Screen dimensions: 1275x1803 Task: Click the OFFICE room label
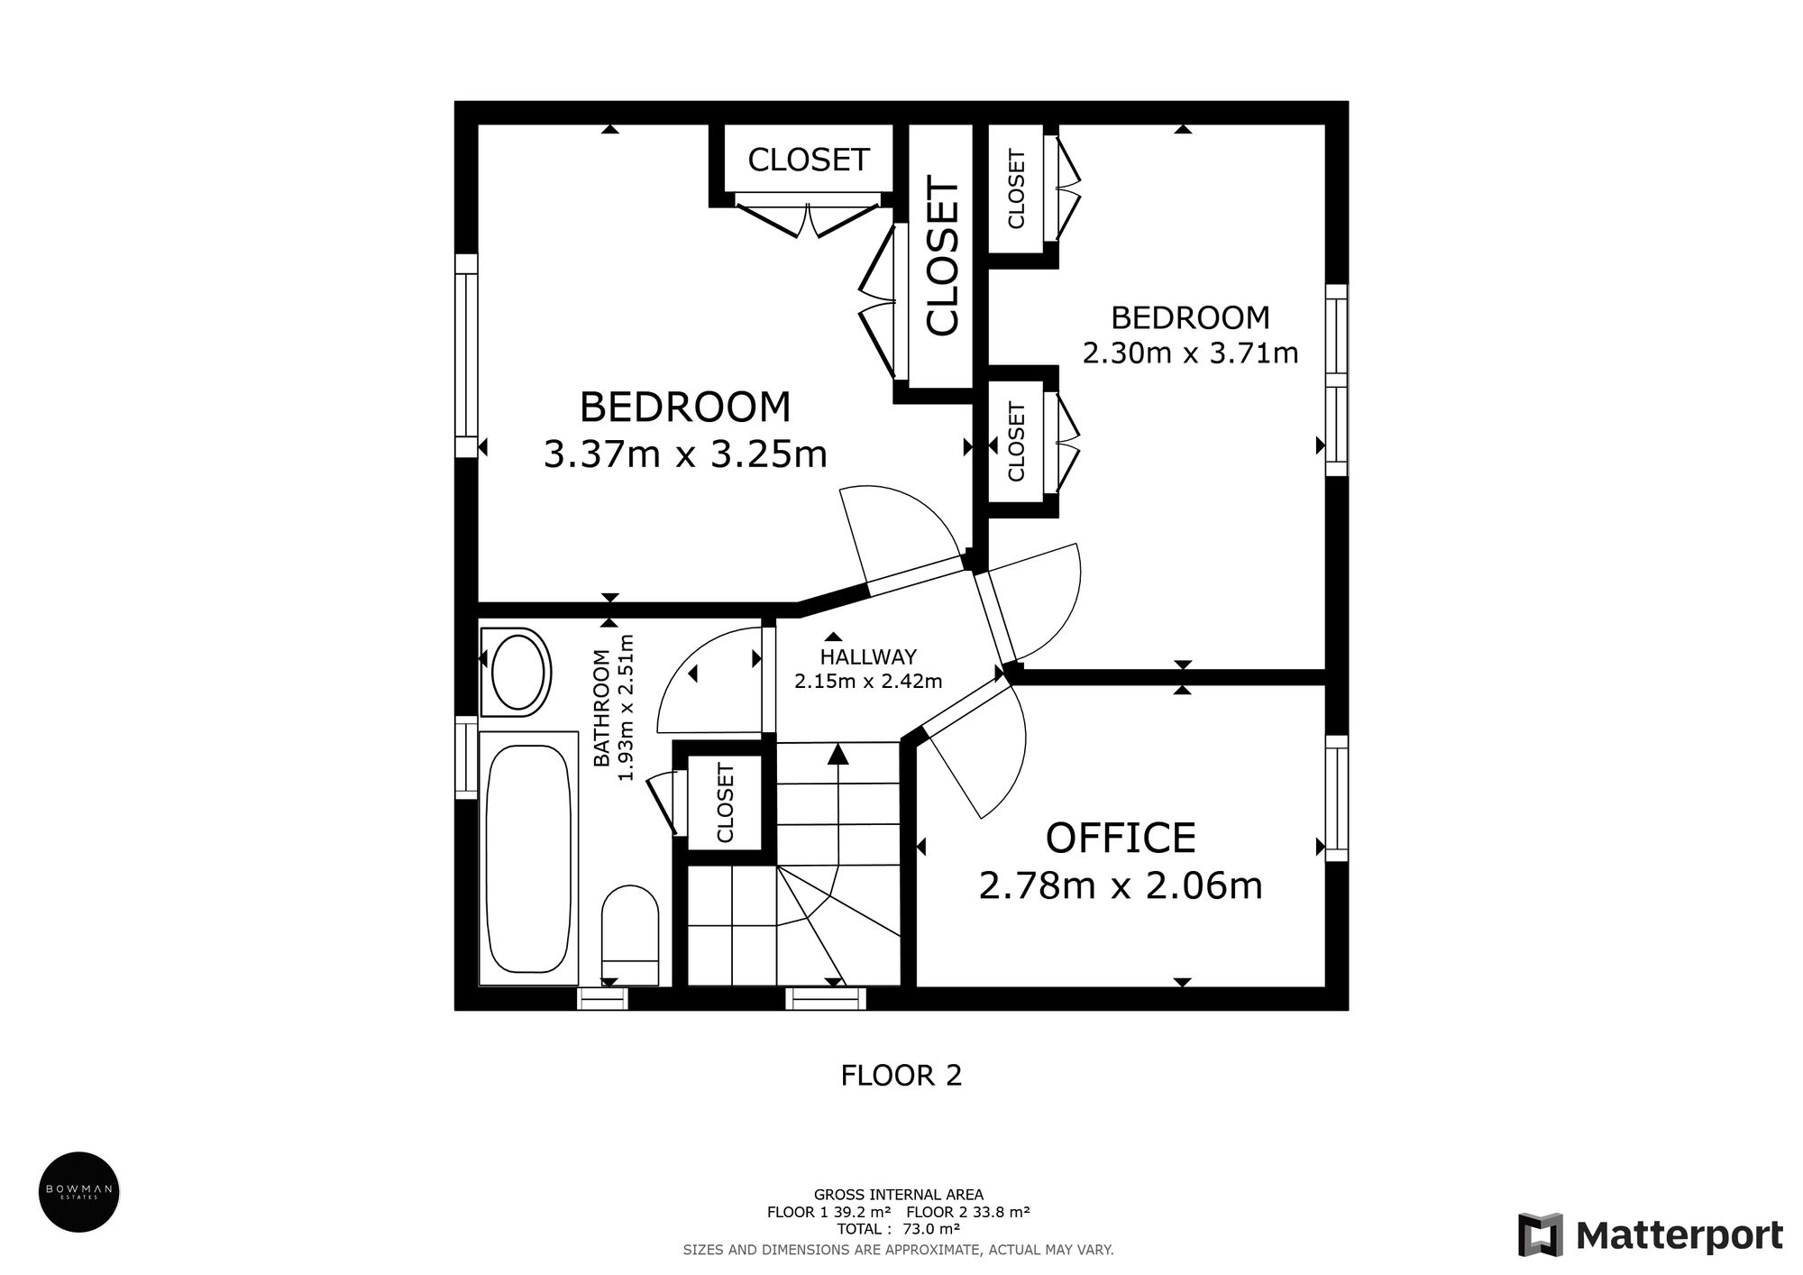click(x=1120, y=839)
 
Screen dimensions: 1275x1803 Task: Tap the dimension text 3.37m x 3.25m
click(x=685, y=454)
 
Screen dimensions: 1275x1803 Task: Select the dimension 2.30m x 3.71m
click(x=1190, y=352)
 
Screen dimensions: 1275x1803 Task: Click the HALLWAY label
click(x=868, y=657)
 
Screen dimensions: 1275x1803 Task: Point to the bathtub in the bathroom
click(x=528, y=858)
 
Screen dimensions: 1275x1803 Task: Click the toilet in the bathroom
click(x=630, y=933)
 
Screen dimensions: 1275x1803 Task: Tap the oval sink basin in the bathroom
click(x=515, y=672)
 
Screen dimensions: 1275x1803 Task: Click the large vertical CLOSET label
click(x=943, y=258)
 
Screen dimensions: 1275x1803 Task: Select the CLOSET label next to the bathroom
click(x=725, y=803)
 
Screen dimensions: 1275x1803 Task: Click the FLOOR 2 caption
click(x=901, y=1075)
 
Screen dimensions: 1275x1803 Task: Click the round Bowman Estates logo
click(x=78, y=1192)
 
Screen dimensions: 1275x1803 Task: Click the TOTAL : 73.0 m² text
click(x=898, y=1228)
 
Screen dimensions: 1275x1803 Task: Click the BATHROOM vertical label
click(x=601, y=708)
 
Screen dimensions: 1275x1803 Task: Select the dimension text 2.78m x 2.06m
click(x=1120, y=886)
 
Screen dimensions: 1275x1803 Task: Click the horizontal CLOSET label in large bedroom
click(x=808, y=160)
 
